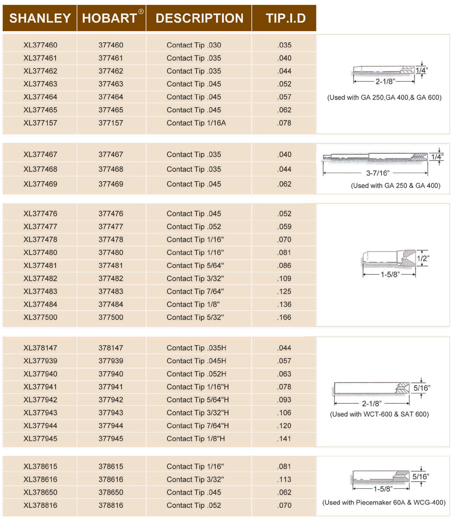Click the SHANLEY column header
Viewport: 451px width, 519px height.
(x=40, y=18)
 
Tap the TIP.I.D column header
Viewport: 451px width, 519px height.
(x=285, y=18)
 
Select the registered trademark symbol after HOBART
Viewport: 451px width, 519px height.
(x=141, y=12)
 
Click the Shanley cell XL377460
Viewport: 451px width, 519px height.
(x=41, y=45)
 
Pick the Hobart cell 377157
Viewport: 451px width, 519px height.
(x=111, y=123)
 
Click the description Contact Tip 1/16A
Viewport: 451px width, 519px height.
(x=196, y=123)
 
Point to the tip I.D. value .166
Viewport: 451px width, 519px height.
(x=284, y=317)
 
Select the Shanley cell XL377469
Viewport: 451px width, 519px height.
(x=41, y=184)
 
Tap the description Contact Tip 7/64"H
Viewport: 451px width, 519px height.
(x=198, y=426)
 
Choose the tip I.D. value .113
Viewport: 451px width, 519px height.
(x=284, y=480)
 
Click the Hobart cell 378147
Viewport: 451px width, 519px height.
(x=111, y=348)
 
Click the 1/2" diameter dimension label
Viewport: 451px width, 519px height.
(x=423, y=258)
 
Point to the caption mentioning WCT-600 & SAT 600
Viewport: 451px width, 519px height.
(x=379, y=414)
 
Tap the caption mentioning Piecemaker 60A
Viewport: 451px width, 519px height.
(x=384, y=502)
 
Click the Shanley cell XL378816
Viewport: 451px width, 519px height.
(x=41, y=505)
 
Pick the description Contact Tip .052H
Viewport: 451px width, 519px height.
(x=197, y=374)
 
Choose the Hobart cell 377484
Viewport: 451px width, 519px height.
(x=111, y=304)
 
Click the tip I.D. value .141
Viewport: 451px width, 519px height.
(x=284, y=439)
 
